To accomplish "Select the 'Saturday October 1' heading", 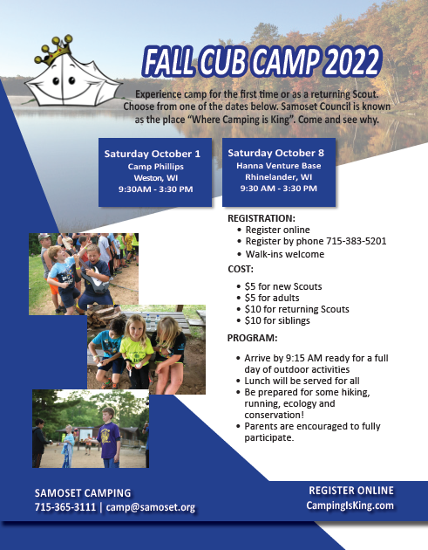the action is (153, 154).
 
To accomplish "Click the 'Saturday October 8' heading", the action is (276, 153).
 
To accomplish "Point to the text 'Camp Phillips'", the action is (155, 166).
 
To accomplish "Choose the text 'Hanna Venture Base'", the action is (279, 166).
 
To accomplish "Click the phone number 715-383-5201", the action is (357, 241).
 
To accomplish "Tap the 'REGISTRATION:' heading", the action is (262, 218).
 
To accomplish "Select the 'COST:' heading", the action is (241, 269).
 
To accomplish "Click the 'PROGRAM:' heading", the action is (252, 338).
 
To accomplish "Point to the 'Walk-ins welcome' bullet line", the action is (285, 254).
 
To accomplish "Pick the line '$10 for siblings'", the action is (277, 320).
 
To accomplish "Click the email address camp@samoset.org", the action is (151, 507).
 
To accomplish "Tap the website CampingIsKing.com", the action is (350, 505).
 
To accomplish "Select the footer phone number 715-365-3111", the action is (65, 507).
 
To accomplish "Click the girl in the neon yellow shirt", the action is (136, 352).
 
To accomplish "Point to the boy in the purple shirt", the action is (109, 437).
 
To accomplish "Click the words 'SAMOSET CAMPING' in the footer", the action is (83, 493).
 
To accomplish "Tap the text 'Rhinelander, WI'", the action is (278, 176).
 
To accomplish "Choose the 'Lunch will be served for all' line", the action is (302, 381).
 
